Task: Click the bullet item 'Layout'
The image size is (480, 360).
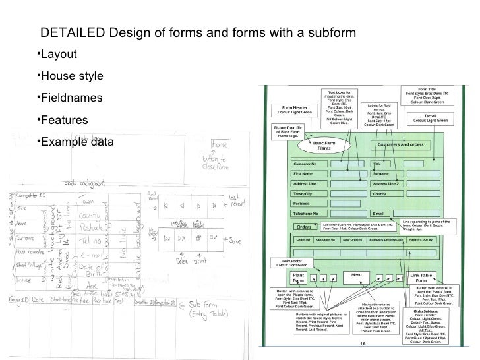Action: [x=60, y=54]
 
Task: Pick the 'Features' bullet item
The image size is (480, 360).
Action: [x=65, y=121]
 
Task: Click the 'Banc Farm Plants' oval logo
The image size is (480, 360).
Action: [x=324, y=146]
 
